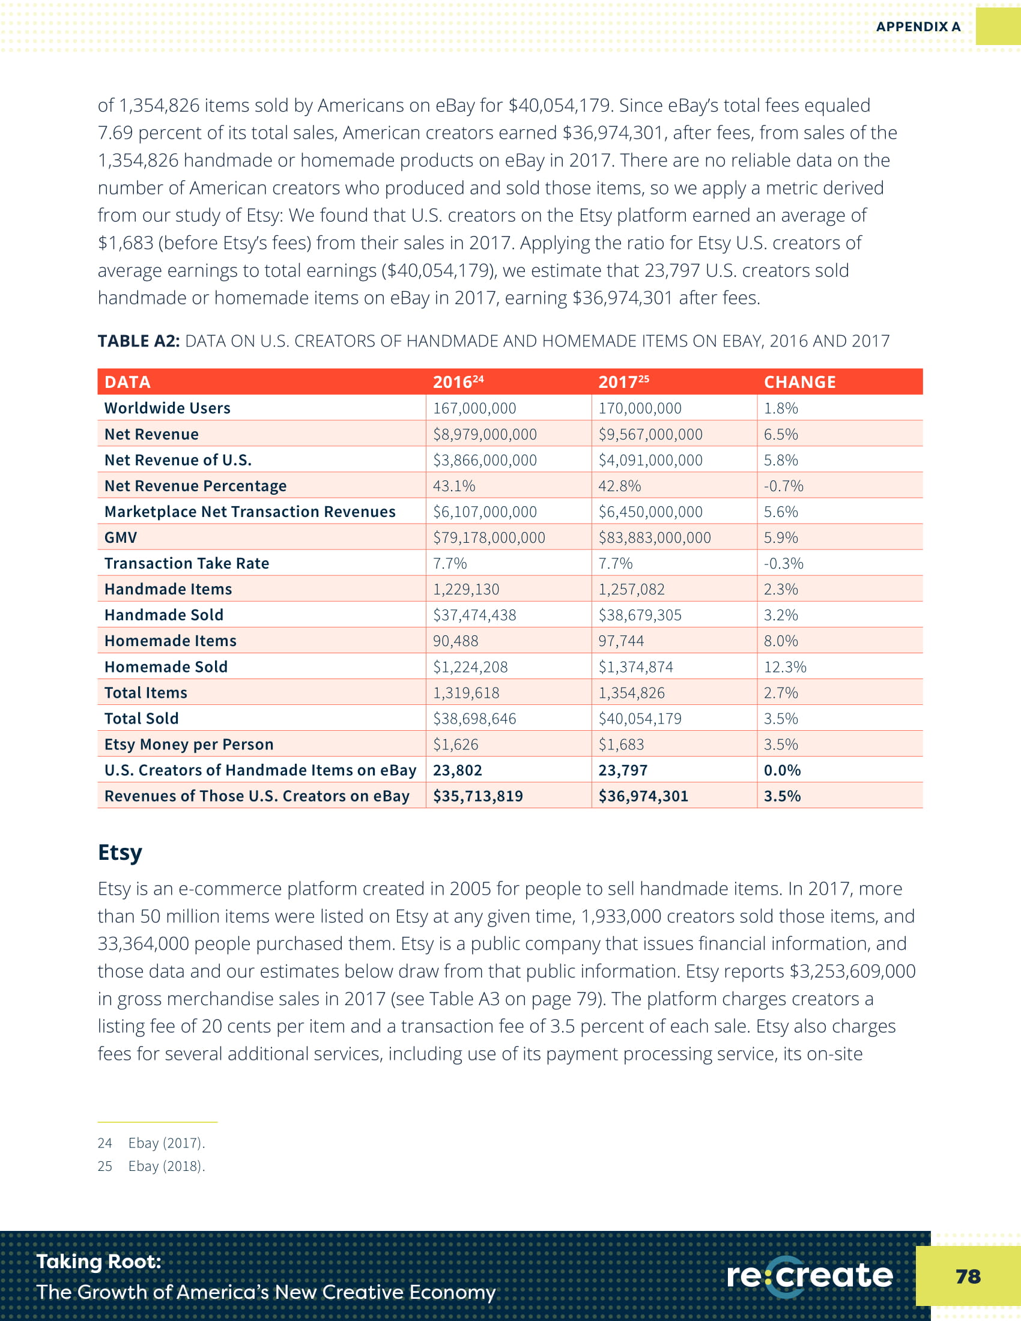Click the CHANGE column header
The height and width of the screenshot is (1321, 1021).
(x=799, y=382)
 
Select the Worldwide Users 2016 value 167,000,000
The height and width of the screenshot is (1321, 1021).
(x=474, y=408)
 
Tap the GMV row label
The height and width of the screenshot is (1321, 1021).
(x=120, y=538)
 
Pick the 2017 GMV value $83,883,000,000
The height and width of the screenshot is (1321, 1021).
(x=655, y=538)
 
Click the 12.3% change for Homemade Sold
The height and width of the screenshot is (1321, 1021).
(x=784, y=667)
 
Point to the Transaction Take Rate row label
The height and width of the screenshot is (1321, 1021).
(x=186, y=563)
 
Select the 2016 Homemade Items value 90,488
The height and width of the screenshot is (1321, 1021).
(x=455, y=641)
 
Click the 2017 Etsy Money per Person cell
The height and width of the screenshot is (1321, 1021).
(x=621, y=744)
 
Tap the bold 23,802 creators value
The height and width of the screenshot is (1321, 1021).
(x=457, y=770)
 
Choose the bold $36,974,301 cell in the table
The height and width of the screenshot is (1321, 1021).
(x=643, y=796)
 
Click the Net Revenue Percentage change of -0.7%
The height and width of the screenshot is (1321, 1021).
(x=783, y=486)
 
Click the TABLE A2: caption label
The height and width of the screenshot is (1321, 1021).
(x=139, y=341)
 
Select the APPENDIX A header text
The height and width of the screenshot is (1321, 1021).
(x=918, y=26)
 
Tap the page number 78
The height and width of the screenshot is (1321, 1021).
(x=968, y=1276)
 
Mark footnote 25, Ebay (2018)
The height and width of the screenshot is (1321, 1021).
(x=151, y=1166)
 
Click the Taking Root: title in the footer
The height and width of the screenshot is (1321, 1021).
(x=98, y=1261)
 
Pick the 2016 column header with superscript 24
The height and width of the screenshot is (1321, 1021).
(x=458, y=382)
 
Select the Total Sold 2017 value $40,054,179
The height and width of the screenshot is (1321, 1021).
(x=640, y=719)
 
